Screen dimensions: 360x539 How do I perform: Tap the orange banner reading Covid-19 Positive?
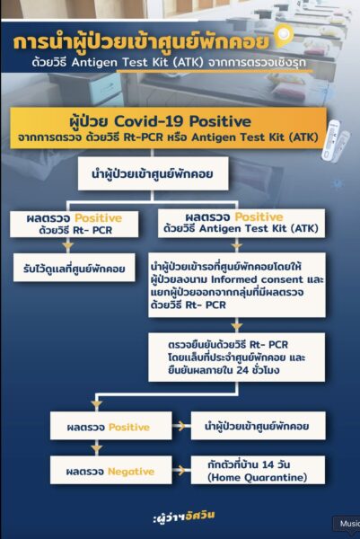click(x=168, y=128)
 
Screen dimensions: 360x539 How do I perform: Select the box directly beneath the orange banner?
click(x=154, y=173)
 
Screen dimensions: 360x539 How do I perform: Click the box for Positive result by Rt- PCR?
click(x=75, y=224)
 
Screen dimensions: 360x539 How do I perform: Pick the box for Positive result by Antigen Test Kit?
click(x=241, y=223)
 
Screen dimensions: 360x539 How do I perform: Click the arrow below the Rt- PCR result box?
click(x=68, y=245)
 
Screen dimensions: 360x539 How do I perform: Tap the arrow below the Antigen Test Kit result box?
click(x=237, y=245)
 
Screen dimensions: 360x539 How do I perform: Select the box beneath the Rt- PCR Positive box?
click(x=75, y=268)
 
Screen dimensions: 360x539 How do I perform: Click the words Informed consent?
click(x=257, y=279)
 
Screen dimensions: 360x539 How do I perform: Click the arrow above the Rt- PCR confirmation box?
click(x=237, y=325)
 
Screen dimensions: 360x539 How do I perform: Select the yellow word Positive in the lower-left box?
click(x=129, y=427)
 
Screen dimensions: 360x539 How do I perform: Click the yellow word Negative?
click(x=131, y=472)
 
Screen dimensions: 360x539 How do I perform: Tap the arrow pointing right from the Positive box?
click(x=181, y=426)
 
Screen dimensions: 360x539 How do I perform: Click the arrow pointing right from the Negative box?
click(x=181, y=470)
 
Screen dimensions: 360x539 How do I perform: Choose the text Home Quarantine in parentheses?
click(x=258, y=477)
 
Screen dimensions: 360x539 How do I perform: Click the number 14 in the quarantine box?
click(x=268, y=464)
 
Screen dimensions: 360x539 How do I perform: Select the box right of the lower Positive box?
click(x=258, y=426)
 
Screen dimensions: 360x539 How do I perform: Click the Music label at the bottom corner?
click(x=349, y=524)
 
